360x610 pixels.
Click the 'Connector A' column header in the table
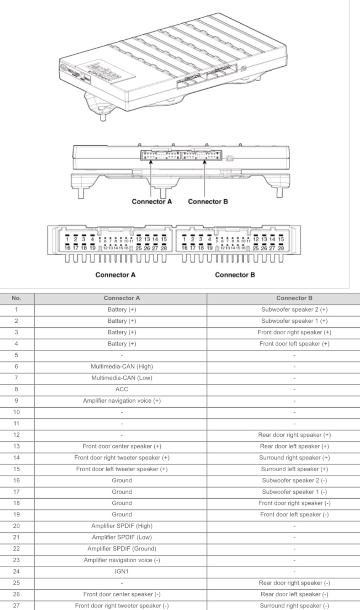122,298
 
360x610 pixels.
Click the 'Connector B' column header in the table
294,298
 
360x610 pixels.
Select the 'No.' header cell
16,298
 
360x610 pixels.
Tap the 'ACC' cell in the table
122,389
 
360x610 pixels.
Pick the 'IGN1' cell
122,572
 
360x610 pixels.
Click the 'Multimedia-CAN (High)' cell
122,367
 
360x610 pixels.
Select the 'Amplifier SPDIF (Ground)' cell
122,549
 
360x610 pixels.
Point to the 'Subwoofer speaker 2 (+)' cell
294,310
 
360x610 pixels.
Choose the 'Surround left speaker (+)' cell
294,469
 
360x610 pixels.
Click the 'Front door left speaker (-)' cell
294,514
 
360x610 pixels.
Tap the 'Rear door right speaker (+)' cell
294,435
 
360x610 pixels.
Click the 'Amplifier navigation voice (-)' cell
122,560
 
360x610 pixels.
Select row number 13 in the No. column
16,446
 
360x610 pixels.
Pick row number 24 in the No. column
16,572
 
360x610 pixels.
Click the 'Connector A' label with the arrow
152,202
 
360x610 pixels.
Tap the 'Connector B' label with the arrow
208,202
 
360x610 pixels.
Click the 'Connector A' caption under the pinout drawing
115,275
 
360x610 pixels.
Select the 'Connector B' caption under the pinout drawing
235,275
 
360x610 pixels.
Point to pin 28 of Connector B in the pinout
281,248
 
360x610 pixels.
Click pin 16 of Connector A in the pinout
67,248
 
